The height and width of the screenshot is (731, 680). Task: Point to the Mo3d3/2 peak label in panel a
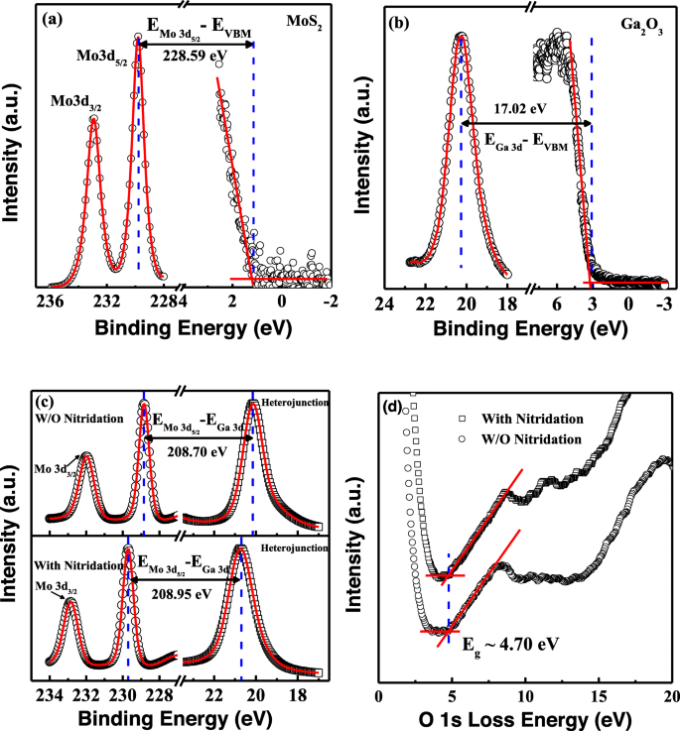tap(75, 101)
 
